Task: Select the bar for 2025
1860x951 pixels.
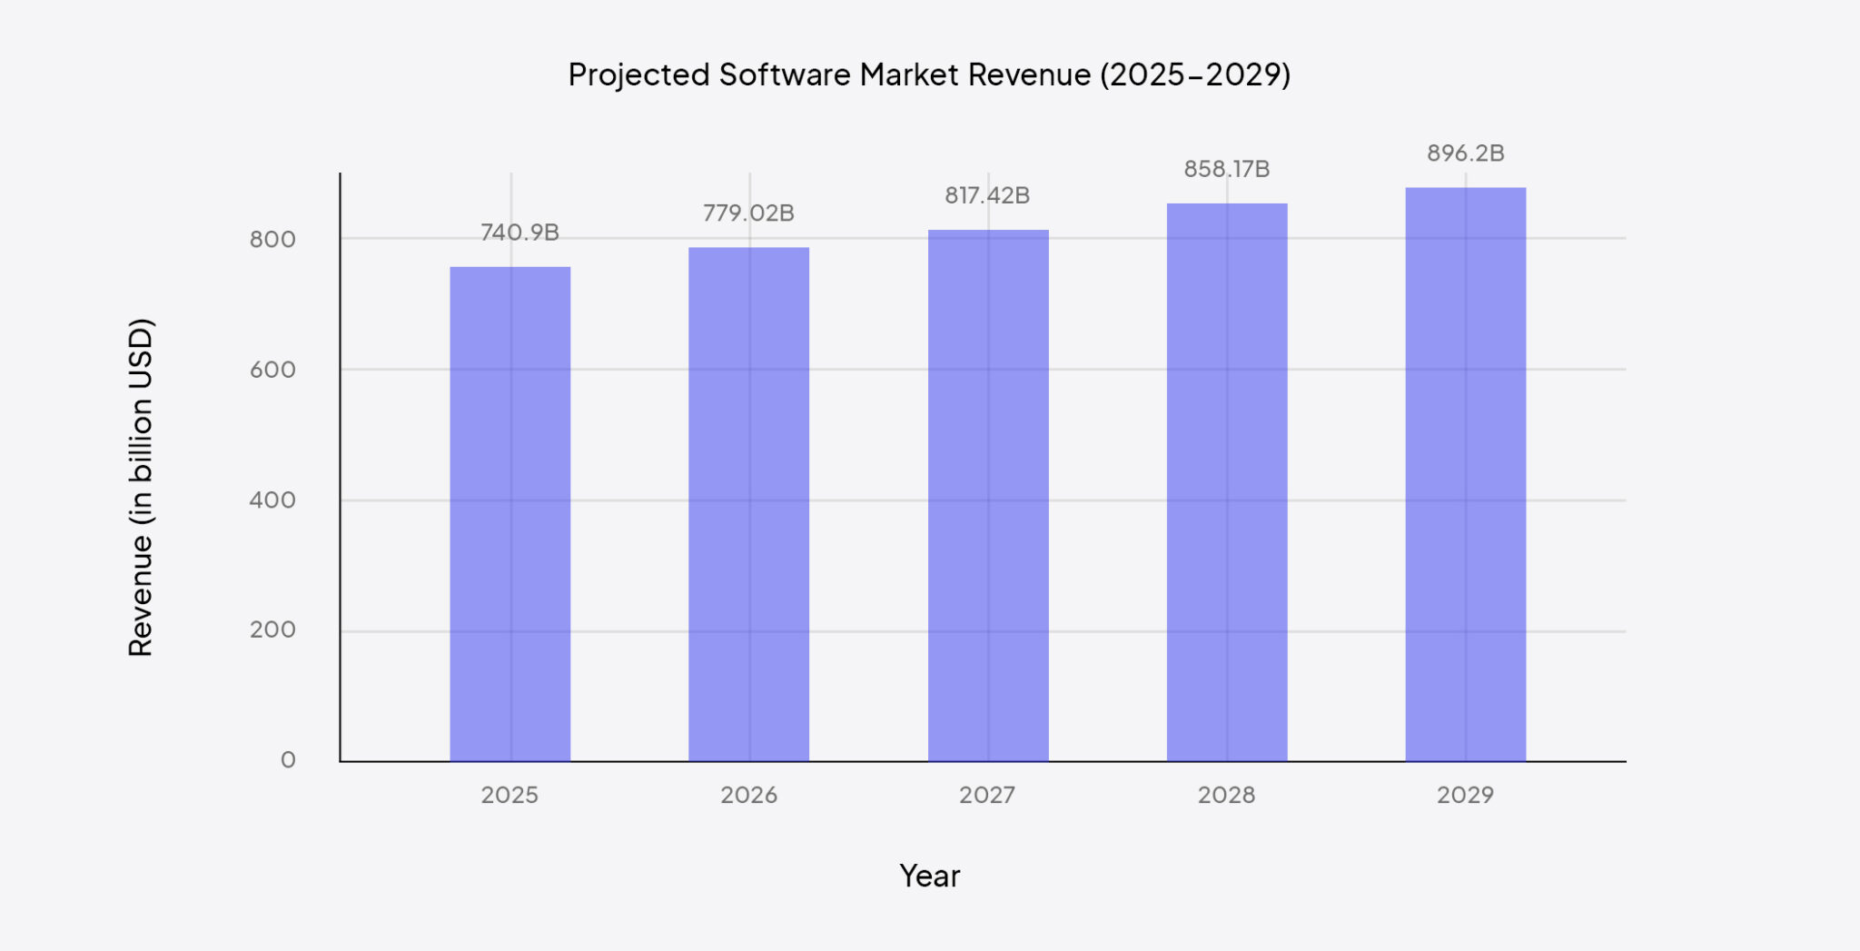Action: point(510,513)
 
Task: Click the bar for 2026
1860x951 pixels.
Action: point(748,504)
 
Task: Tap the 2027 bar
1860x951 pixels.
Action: point(988,495)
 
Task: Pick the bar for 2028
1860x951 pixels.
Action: point(1227,481)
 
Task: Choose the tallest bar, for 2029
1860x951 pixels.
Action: point(1465,474)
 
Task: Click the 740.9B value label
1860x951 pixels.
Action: point(519,233)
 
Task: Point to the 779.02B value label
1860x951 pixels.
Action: point(748,213)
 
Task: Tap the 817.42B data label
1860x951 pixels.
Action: point(987,195)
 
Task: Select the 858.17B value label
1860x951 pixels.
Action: point(1226,169)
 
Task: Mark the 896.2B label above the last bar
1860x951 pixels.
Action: point(1465,154)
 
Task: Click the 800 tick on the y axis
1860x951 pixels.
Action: point(272,240)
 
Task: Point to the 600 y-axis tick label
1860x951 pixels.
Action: point(272,370)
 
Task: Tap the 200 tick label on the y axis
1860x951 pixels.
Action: point(272,629)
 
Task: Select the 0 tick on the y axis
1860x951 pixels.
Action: point(288,759)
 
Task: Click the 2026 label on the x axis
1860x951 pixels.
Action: point(748,795)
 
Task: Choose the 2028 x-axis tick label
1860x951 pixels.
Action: point(1226,795)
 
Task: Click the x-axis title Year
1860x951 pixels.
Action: point(929,876)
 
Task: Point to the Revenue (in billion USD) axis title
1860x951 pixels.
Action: point(141,487)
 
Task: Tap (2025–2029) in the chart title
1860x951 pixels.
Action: point(1195,74)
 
